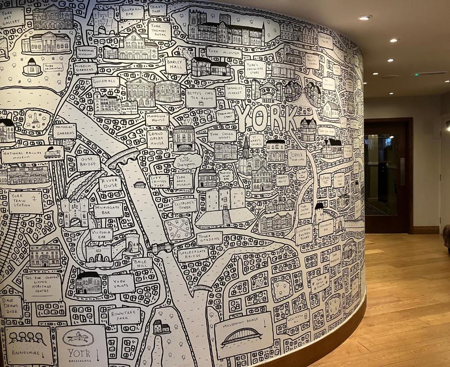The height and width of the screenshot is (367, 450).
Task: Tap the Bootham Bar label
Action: pos(131,11)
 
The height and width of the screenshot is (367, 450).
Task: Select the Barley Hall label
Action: pos(176,65)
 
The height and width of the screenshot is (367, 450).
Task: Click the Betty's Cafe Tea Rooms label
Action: pos(201,97)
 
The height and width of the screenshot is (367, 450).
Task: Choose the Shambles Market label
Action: pos(236,91)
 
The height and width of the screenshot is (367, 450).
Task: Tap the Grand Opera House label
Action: pos(158,139)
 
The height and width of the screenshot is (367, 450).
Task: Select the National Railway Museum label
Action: pos(32,154)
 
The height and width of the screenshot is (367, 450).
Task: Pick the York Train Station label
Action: pos(25,202)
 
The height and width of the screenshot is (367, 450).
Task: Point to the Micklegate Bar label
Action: pos(108,210)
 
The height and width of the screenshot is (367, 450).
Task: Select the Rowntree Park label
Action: pos(124,316)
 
